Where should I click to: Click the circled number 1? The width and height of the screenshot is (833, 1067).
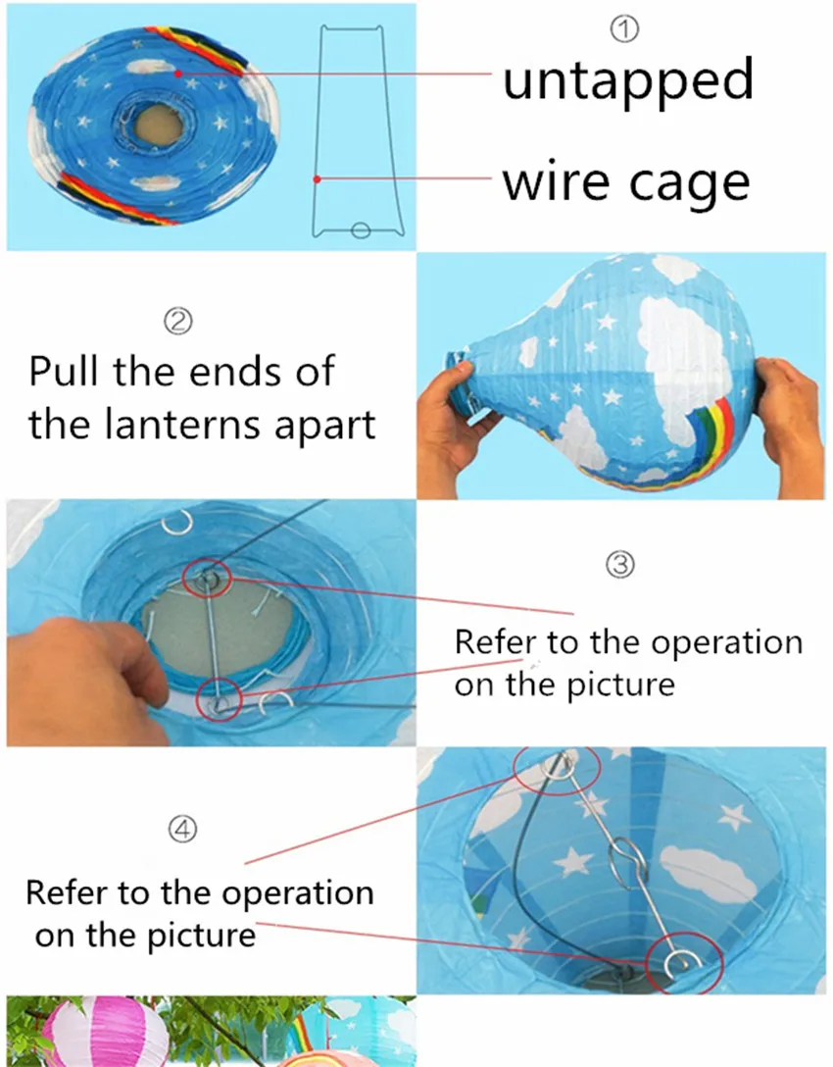click(x=624, y=29)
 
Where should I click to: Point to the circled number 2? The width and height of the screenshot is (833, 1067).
click(x=178, y=321)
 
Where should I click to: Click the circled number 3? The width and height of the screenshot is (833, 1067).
click(x=620, y=565)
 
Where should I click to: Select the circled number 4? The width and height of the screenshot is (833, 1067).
click(x=182, y=829)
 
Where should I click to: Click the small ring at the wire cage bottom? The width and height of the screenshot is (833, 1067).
click(x=361, y=230)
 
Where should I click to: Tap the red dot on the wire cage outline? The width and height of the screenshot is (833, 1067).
click(x=317, y=178)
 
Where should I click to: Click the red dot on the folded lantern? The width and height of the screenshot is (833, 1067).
click(x=178, y=73)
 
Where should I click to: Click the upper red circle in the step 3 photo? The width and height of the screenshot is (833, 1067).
click(x=208, y=577)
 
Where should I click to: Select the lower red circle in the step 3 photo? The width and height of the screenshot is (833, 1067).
click(x=219, y=699)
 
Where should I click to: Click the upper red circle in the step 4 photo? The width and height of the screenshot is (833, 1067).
click(x=557, y=770)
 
